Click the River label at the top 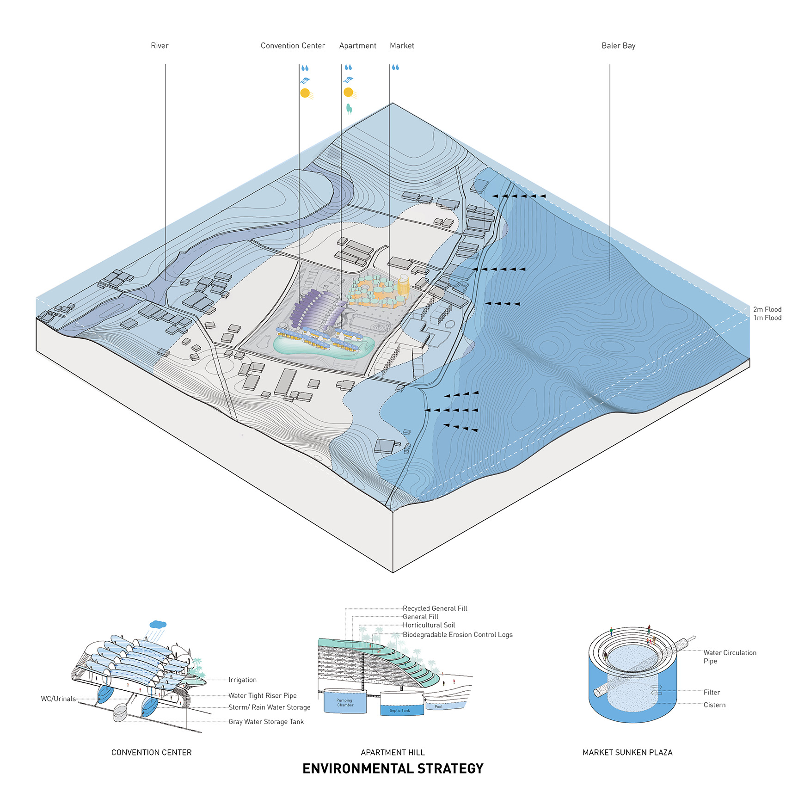(x=160, y=46)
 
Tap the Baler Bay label (x=618, y=46)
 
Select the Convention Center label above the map (x=293, y=46)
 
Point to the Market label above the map (x=402, y=46)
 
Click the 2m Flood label (x=767, y=309)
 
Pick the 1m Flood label (x=767, y=318)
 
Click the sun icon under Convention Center (x=305, y=93)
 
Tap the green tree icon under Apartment (x=349, y=109)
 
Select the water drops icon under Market (x=395, y=68)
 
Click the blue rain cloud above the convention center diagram (x=158, y=625)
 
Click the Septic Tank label (x=399, y=711)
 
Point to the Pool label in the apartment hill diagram (x=438, y=706)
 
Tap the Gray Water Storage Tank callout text (x=266, y=722)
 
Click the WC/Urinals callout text (x=58, y=699)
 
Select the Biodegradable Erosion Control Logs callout (x=457, y=635)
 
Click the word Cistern (x=714, y=705)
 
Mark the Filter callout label (x=712, y=692)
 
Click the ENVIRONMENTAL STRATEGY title (x=393, y=768)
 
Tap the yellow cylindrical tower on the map (x=403, y=286)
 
